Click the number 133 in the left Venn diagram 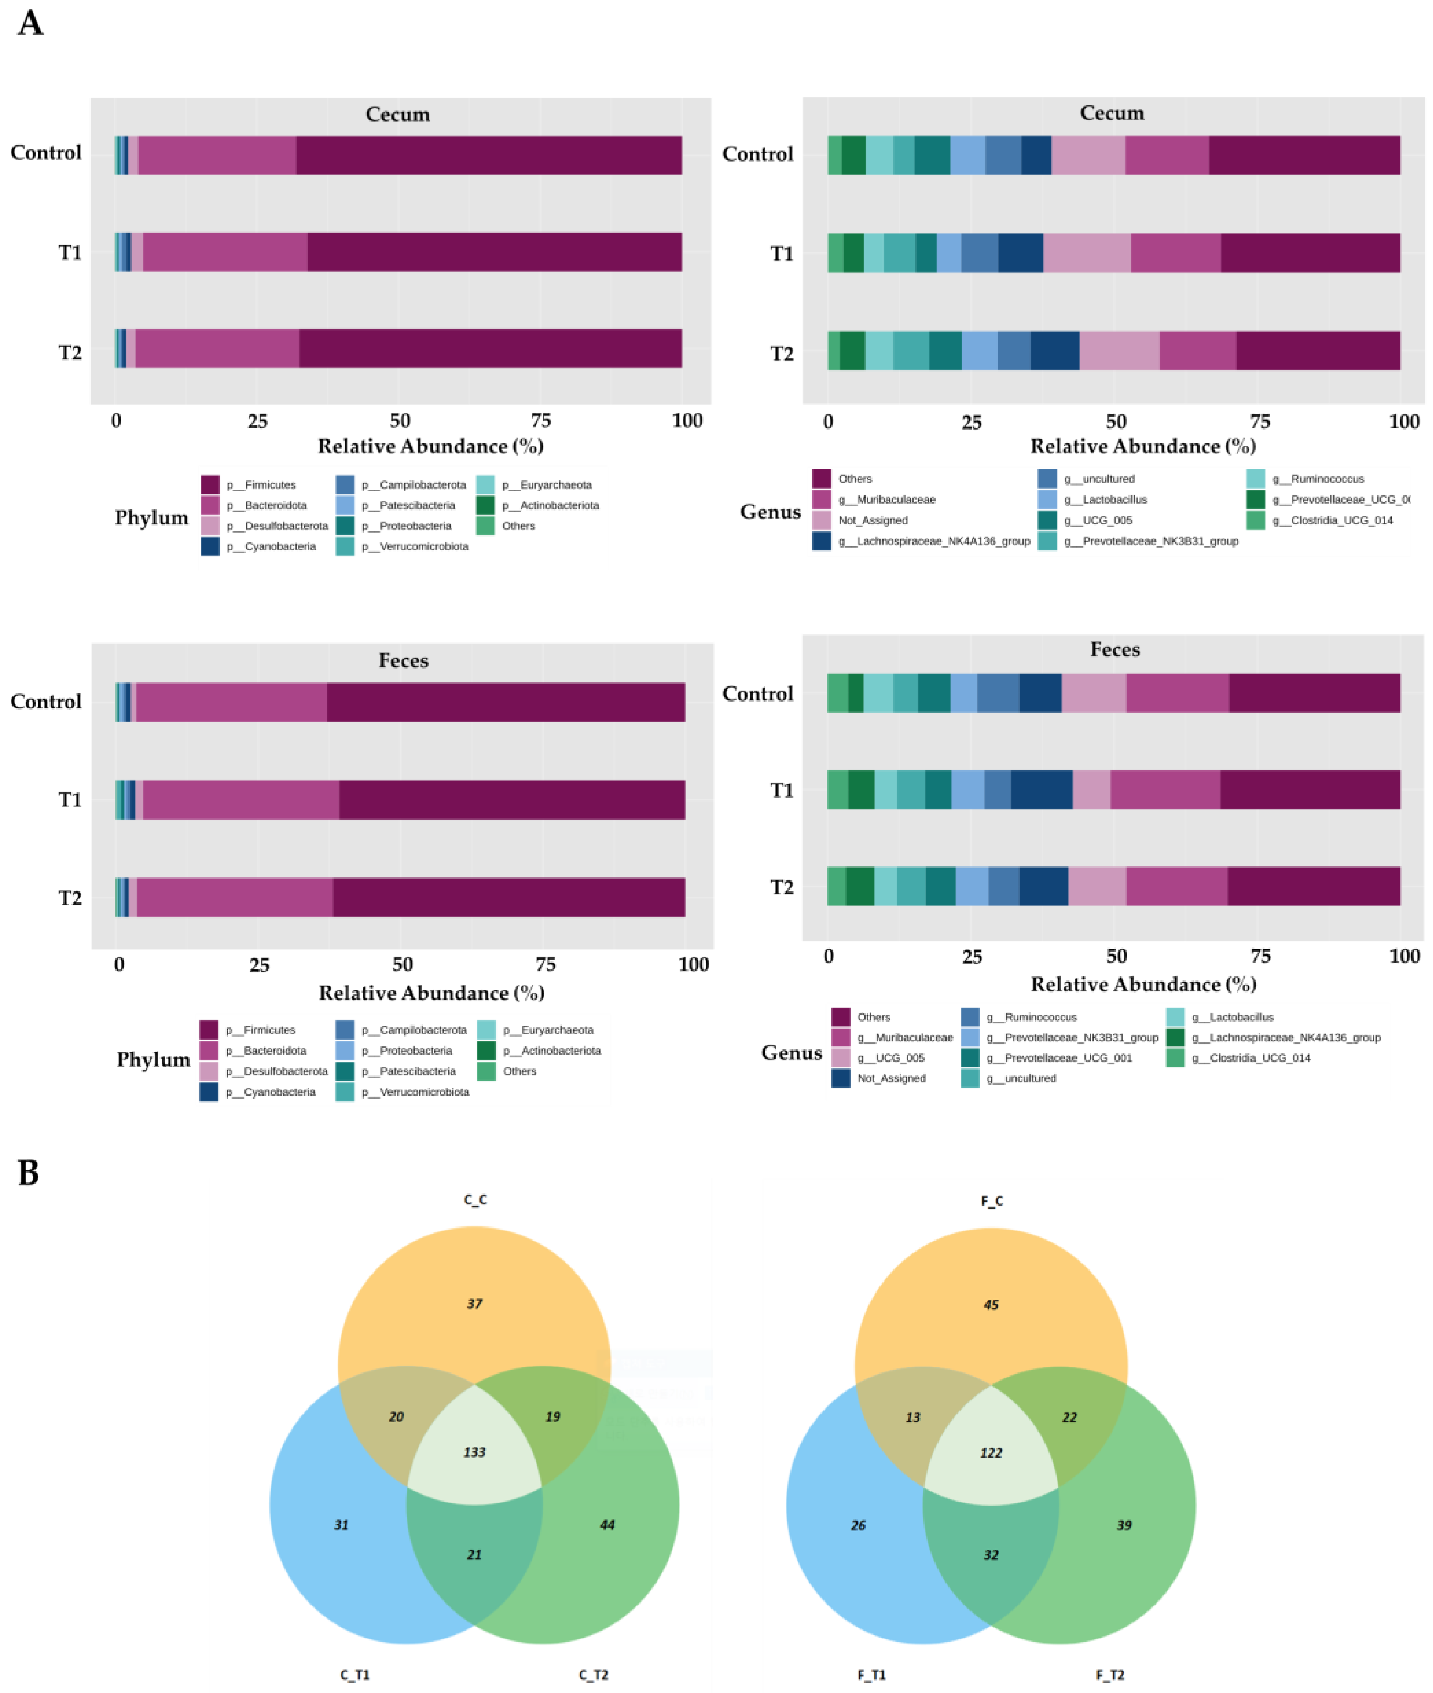pos(474,1452)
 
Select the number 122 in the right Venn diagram pos(991,1453)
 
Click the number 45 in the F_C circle pos(991,1305)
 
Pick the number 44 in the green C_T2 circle pos(607,1525)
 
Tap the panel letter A pos(30,23)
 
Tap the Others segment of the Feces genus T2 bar pos(1314,886)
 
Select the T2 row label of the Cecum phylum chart pos(70,353)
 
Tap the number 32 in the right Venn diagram pos(991,1554)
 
